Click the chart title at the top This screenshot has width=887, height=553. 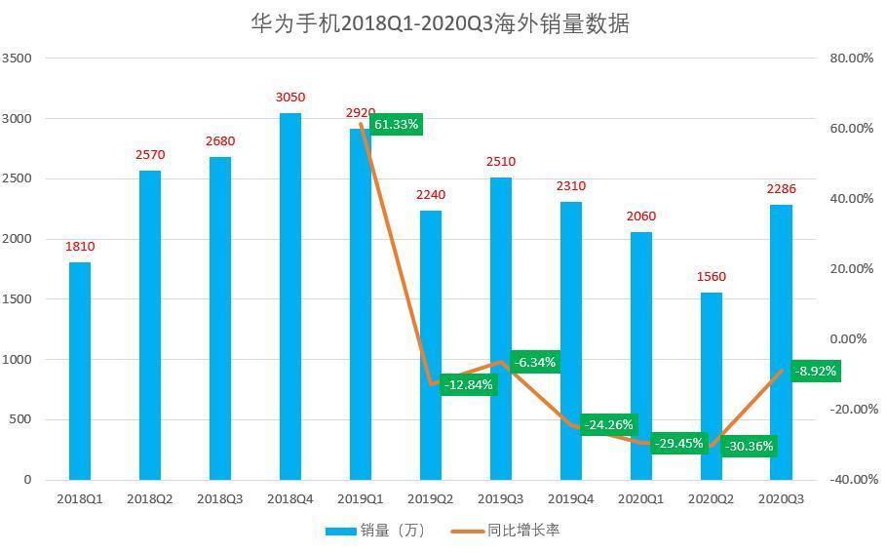440,23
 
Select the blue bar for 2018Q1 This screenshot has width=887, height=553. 80,371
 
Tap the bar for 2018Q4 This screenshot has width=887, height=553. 290,296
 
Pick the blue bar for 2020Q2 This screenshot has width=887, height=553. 712,386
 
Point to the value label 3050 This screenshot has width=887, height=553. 290,98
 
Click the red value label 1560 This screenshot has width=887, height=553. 712,277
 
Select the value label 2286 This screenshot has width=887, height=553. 782,188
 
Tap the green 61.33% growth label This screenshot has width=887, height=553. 396,125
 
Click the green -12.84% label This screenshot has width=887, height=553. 469,385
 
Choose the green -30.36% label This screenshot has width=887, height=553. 749,447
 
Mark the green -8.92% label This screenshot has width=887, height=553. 815,372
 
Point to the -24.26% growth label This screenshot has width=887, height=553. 609,425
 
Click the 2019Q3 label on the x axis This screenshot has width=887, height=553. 501,498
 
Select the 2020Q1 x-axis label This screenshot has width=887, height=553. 641,498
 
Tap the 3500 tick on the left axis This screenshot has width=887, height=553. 17,59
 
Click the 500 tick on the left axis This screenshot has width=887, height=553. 20,420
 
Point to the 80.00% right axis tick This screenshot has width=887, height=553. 851,59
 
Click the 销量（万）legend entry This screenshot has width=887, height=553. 375,531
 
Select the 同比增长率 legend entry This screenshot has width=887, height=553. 506,531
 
